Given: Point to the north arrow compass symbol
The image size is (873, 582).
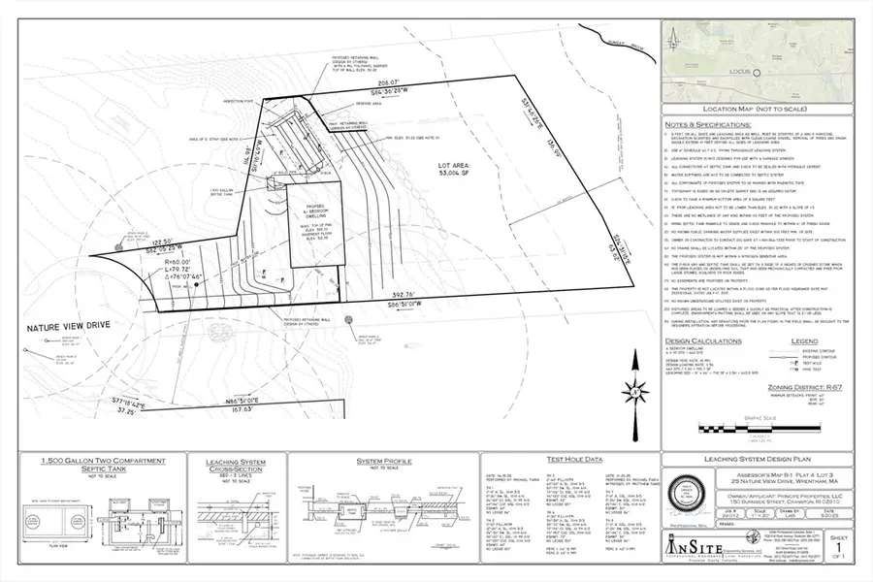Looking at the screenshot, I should [x=636, y=393].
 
